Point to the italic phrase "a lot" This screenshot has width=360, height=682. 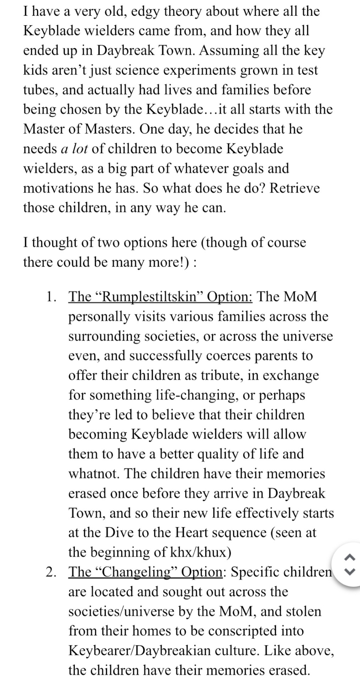pos(74,148)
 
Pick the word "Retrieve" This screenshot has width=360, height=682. pos(294,188)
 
